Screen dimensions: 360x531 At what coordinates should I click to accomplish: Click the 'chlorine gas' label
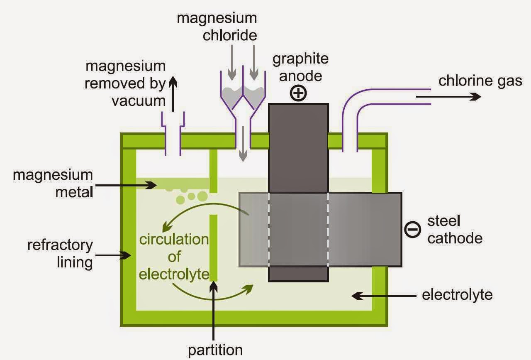coord(480,81)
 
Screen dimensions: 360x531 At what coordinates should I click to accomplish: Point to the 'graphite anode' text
coord(300,67)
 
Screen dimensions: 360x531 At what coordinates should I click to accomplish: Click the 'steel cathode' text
coord(455,230)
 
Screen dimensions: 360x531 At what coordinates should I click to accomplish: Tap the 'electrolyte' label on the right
coord(457,295)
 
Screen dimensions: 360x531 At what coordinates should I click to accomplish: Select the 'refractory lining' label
coord(60,254)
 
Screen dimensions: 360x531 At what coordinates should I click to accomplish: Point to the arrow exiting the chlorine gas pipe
coord(448,97)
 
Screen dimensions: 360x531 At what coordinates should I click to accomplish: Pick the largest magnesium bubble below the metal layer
coord(202,196)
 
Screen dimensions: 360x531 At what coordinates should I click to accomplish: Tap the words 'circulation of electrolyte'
coord(174,257)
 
